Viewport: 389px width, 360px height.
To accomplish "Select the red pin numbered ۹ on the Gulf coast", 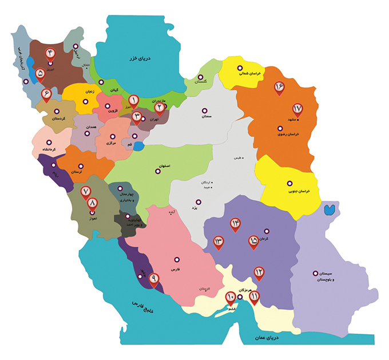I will click(153, 279).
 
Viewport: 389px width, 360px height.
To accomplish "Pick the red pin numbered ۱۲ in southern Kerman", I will click(259, 272).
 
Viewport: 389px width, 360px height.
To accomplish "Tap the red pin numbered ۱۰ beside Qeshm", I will click(230, 296).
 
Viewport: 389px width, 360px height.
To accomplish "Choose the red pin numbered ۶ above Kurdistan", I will click(46, 93).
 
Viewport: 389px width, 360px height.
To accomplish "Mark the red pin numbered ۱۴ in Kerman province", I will click(235, 223).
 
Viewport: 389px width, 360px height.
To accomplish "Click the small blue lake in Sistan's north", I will click(329, 209).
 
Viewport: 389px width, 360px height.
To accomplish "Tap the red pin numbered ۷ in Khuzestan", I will click(86, 192).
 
